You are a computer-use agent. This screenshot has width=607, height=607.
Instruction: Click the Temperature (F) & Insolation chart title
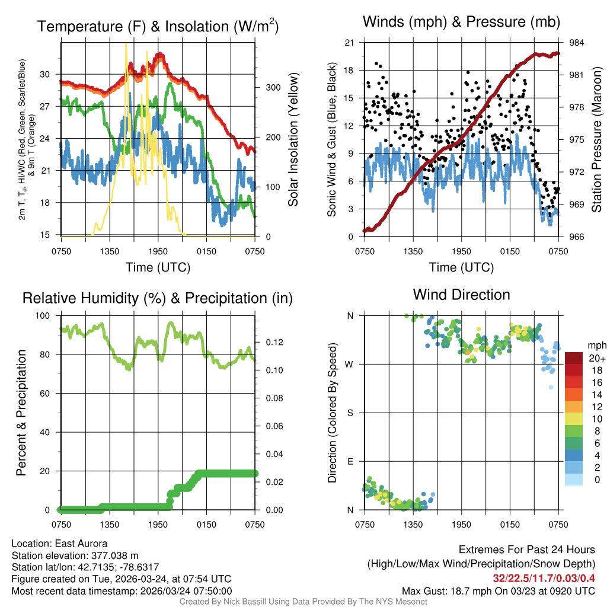(158, 27)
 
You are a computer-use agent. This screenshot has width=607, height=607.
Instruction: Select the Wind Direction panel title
(461, 295)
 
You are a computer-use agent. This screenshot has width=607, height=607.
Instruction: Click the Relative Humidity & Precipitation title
(158, 298)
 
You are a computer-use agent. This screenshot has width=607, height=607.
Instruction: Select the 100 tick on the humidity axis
(45, 316)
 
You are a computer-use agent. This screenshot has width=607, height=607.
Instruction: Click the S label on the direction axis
(350, 413)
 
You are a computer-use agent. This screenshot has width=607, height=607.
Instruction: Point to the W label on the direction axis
(350, 364)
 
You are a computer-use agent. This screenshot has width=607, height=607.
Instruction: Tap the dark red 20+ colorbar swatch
(574, 359)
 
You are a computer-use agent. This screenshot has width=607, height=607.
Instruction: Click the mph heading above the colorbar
(595, 345)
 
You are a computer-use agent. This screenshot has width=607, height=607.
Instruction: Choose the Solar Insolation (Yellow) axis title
(293, 140)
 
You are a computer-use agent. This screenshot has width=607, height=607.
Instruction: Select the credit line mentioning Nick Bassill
(303, 602)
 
